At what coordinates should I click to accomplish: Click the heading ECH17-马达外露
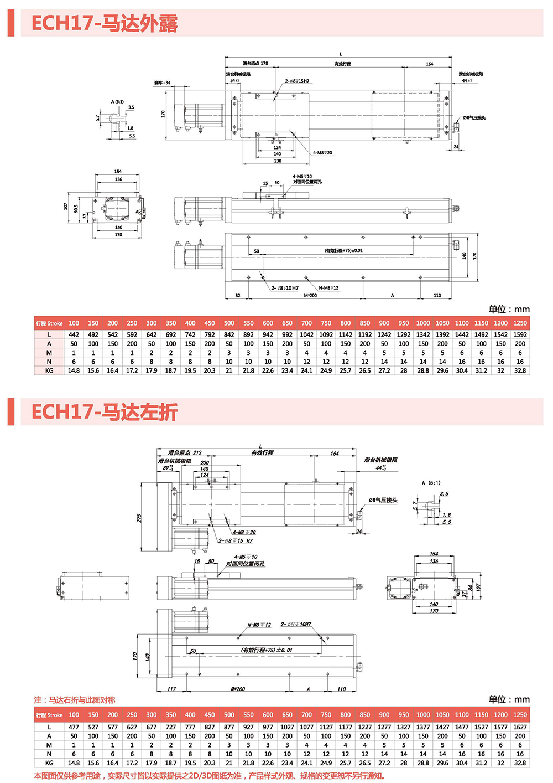pos(104,23)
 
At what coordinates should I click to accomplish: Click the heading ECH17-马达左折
pos(104,412)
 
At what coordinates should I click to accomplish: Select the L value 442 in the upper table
pos(74,334)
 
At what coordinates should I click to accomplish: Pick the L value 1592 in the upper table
pos(520,334)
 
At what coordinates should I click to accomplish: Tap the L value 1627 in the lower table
pos(520,727)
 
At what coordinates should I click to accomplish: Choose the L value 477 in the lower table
pos(74,727)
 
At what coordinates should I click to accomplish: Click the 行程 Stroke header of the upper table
pos(49,323)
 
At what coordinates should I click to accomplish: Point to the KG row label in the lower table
pos(49,763)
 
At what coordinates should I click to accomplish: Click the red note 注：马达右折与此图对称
pos(75,700)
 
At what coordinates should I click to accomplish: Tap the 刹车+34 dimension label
pos(162,83)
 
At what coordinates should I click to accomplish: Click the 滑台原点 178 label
pos(255,64)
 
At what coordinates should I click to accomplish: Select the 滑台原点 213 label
pos(185,452)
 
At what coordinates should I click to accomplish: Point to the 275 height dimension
pos(139,518)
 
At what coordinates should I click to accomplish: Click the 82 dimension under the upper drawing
pos(238,296)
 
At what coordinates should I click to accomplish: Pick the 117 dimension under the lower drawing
pos(171,689)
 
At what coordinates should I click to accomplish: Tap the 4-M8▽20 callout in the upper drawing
pos(322,153)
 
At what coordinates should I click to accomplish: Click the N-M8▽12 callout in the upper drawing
pos(328,288)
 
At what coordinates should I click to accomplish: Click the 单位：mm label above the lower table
pos(509,699)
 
